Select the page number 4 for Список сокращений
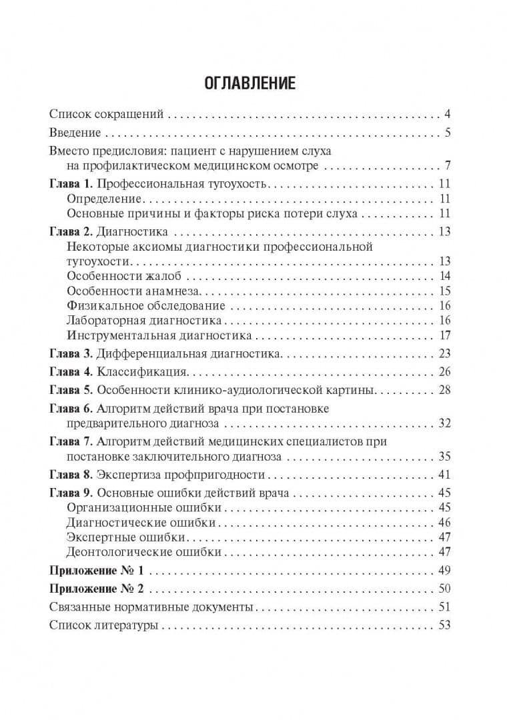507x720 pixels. pos(448,113)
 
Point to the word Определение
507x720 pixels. pos(105,199)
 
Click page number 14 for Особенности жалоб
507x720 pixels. pos(446,276)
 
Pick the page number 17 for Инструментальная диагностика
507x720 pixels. pos(446,335)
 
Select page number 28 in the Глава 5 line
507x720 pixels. pos(445,389)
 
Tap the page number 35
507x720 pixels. pos(445,457)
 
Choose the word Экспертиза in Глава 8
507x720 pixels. pos(131,475)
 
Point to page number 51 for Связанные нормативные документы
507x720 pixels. pos(445,607)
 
